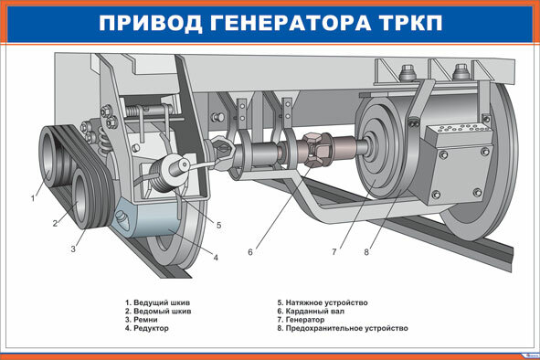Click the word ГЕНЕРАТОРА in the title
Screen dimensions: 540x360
point(291,24)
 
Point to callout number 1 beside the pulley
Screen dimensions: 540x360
point(33,198)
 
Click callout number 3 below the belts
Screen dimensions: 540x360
point(73,249)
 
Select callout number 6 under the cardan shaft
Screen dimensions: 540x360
point(250,252)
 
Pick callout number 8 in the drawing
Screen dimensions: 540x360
point(366,252)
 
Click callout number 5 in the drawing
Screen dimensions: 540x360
point(218,226)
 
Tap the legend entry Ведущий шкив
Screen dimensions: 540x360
point(158,302)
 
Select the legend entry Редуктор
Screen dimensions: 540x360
point(147,328)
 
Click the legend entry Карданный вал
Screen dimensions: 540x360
point(311,311)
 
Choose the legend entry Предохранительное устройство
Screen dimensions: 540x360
point(343,328)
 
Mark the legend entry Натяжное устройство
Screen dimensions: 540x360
point(323,302)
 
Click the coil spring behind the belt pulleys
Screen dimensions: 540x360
point(103,141)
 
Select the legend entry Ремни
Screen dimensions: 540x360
point(142,320)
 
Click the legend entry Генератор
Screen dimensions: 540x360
point(301,320)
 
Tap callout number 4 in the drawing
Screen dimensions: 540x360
point(216,258)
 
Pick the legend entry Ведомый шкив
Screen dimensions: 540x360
point(158,311)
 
